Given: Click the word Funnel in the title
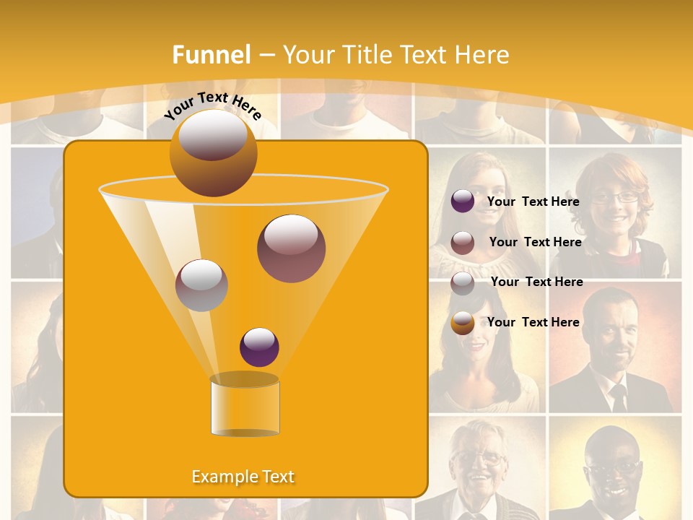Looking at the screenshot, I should [212, 54].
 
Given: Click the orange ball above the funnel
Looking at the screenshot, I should [213, 152].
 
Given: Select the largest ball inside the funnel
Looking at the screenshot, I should [291, 248].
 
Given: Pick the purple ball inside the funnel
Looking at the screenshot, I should [259, 347].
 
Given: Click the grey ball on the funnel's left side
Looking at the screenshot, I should [201, 285].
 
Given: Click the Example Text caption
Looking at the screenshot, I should [243, 477].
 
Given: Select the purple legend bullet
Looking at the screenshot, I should [463, 201].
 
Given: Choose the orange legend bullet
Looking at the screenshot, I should [463, 322].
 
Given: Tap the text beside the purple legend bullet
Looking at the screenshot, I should [533, 201].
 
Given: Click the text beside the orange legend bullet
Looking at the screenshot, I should [533, 322].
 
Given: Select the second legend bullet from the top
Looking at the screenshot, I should [463, 242].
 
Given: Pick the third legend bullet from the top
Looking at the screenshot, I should [463, 282].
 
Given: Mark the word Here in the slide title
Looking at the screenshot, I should [481, 54].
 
